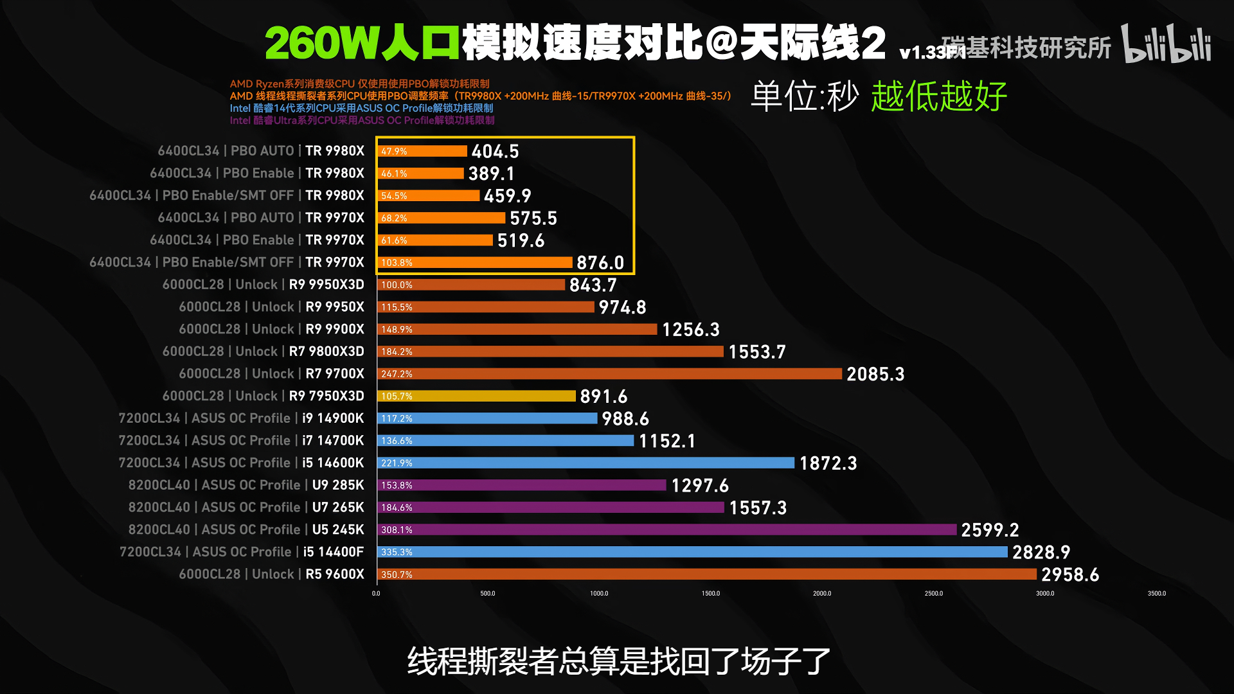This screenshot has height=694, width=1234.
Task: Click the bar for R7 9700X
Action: pyautogui.click(x=609, y=374)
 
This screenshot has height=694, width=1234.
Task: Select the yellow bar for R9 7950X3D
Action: pyautogui.click(x=476, y=396)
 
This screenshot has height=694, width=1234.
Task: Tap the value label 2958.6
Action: pyautogui.click(x=1070, y=574)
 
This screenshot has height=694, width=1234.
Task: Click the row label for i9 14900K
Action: pyautogui.click(x=241, y=418)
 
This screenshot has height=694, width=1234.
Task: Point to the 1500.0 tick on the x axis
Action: pyautogui.click(x=711, y=594)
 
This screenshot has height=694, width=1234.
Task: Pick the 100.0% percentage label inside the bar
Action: pyautogui.click(x=397, y=285)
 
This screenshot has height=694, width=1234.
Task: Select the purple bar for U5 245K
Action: pyautogui.click(x=667, y=529)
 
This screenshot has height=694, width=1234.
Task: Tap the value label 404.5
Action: pyautogui.click(x=495, y=152)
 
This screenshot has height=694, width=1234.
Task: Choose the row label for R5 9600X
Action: pyautogui.click(x=271, y=574)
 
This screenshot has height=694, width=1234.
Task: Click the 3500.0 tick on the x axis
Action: pyautogui.click(x=1156, y=594)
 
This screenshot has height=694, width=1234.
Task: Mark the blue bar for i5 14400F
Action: pyautogui.click(x=692, y=552)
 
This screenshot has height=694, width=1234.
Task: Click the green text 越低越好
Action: pyautogui.click(x=939, y=97)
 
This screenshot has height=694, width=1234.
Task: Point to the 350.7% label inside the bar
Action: pyautogui.click(x=397, y=574)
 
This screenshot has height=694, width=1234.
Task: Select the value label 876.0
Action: pyautogui.click(x=600, y=263)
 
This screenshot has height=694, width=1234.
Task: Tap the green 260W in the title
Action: pyautogui.click(x=321, y=44)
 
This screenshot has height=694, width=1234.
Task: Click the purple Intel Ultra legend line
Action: pyautogui.click(x=362, y=121)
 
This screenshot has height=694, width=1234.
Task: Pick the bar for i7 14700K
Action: pyautogui.click(x=505, y=441)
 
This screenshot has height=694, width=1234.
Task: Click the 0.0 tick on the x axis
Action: pyautogui.click(x=376, y=594)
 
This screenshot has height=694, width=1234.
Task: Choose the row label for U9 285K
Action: pyautogui.click(x=246, y=485)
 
